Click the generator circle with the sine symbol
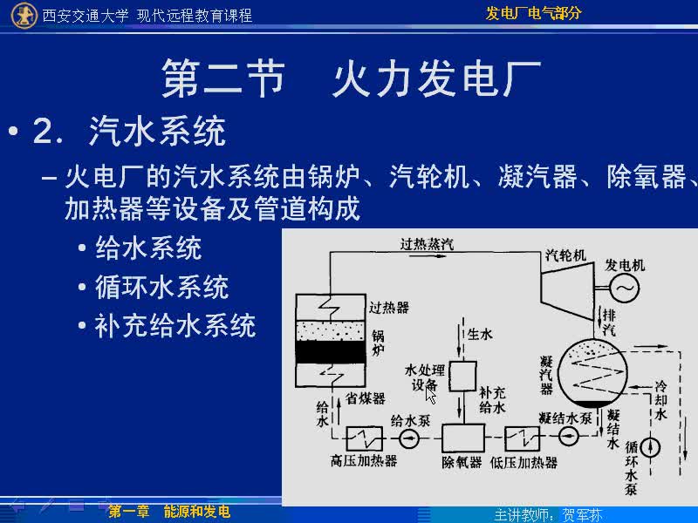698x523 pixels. pos(625,288)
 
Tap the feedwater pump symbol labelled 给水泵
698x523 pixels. pos(408,439)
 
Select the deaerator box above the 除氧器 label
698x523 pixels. pos(463,438)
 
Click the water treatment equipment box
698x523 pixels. pos(463,377)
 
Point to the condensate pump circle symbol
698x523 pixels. pos(568,436)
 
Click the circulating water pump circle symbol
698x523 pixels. pos(650,447)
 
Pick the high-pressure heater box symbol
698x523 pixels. pos(364,439)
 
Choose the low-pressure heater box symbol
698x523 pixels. pos(522,438)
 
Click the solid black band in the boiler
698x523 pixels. pos(331,352)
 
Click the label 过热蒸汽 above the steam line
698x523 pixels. pos(427,244)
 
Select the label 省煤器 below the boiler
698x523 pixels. pos(365,398)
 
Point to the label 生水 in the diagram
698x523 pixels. pos(480,334)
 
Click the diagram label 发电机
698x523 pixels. pos(625,266)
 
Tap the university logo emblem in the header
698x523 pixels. pos(24,16)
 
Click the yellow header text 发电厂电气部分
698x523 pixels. pos(533,13)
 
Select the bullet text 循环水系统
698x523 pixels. pos(162,287)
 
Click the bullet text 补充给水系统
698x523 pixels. pos(175,325)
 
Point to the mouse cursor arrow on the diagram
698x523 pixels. pos(430,395)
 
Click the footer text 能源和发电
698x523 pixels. pos(197,512)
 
